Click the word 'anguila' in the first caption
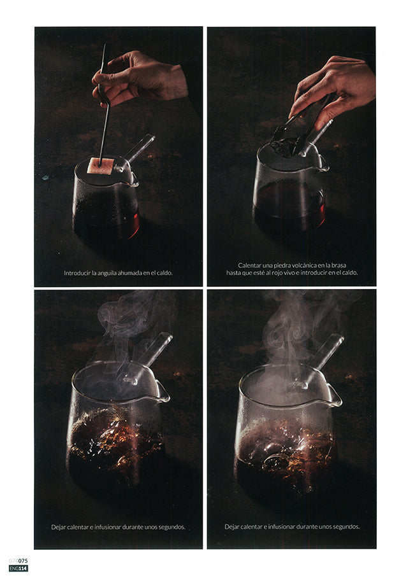104,273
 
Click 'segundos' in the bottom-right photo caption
348,526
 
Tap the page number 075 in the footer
23,561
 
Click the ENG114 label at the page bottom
18,568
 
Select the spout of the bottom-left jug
163,391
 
